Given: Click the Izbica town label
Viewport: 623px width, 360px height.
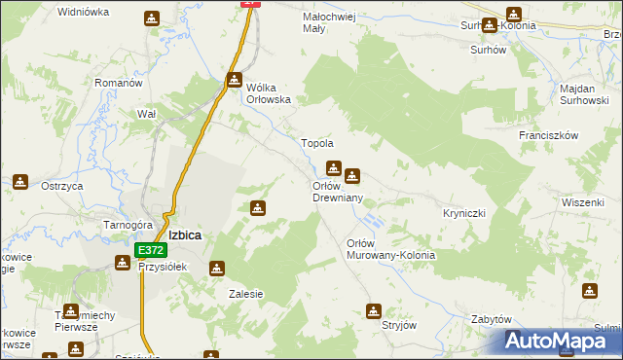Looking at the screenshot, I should tap(184, 234).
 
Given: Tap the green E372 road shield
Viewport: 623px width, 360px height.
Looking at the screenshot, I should tap(144, 250).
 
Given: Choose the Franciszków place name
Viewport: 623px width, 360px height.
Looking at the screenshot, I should tap(549, 135).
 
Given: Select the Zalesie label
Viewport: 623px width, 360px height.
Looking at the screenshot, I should tap(246, 293).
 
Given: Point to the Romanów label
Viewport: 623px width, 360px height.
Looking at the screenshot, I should tap(119, 83).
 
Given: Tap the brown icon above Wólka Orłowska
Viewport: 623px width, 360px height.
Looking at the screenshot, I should tap(235, 80).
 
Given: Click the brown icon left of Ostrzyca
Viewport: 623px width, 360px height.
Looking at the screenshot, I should tap(19, 181).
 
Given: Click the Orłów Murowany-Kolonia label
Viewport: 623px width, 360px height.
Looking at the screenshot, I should tap(391, 248).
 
